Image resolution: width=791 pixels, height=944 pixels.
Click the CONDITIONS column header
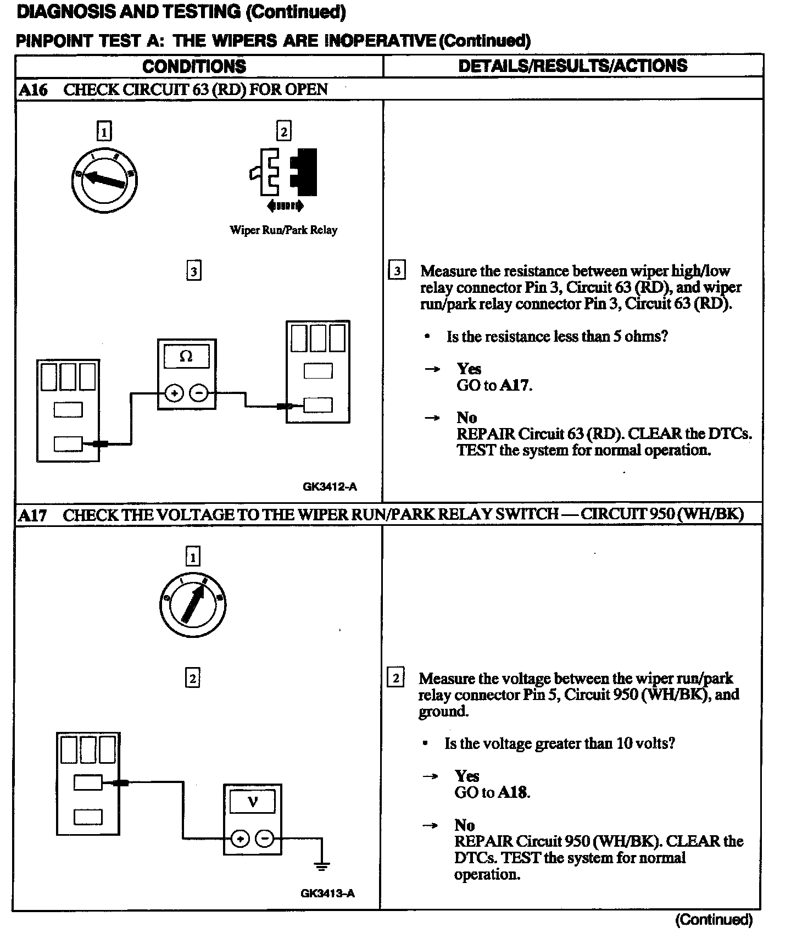[194, 66]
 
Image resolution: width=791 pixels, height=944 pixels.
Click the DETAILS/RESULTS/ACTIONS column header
[572, 66]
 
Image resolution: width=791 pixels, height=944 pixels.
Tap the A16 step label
[33, 90]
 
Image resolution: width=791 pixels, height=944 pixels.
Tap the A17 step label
[32, 515]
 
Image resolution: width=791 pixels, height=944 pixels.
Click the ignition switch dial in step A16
[104, 180]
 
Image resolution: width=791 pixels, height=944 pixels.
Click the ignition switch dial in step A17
[192, 605]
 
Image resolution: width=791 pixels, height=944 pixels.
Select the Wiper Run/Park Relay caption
[283, 230]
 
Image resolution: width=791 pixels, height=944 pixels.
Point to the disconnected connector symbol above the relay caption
[284, 173]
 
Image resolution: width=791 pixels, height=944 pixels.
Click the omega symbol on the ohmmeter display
[186, 356]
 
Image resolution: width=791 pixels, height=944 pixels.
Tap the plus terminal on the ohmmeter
[174, 393]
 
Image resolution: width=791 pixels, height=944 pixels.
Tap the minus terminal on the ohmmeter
[199, 393]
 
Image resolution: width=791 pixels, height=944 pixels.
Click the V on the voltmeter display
[253, 802]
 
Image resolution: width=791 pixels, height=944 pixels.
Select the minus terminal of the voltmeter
[265, 839]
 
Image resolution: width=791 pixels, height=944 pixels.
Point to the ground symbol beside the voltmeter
[322, 866]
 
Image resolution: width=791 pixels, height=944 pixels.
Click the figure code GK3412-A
[330, 486]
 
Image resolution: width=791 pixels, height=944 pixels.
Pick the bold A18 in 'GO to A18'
[513, 792]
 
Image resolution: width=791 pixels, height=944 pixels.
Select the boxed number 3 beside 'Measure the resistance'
[397, 271]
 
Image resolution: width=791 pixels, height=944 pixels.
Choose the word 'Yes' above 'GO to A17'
[469, 369]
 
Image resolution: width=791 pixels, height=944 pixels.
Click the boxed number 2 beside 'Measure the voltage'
[396, 678]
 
